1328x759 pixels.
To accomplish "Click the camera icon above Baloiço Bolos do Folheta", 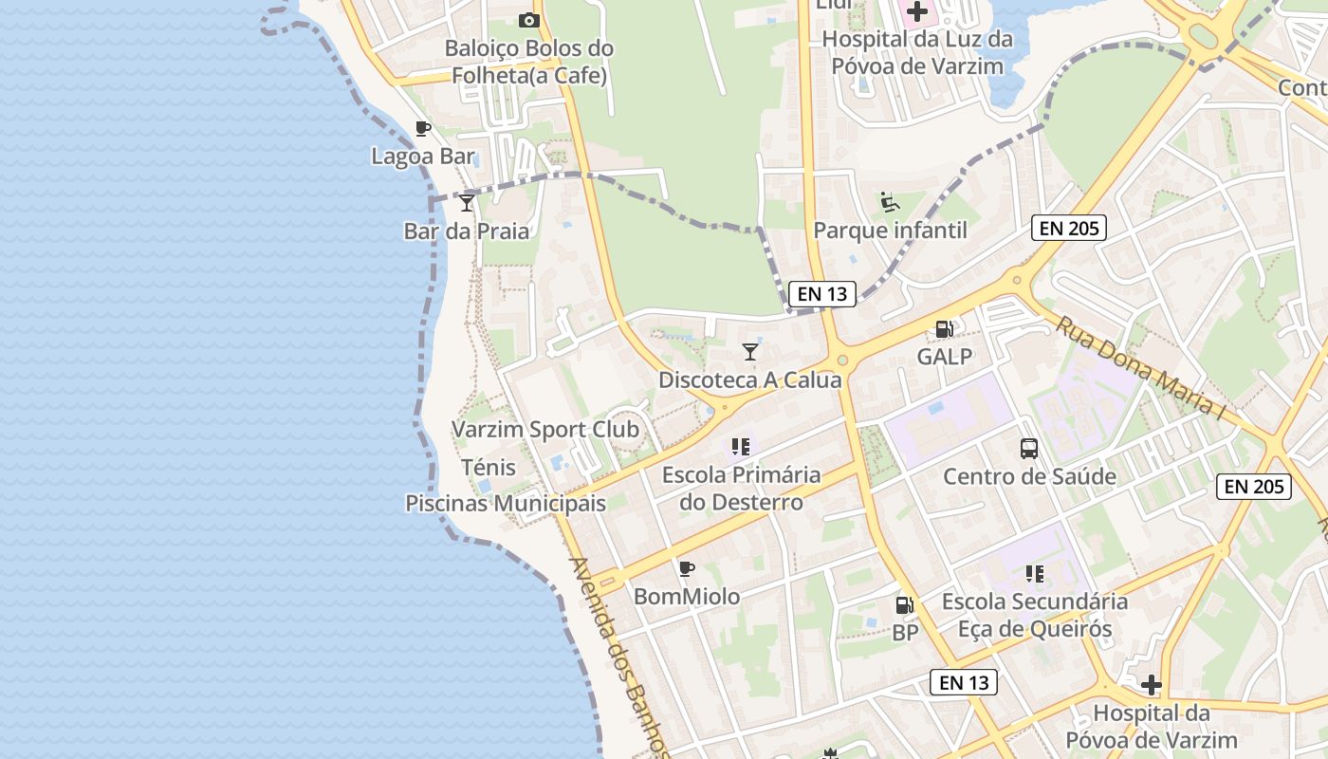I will [x=528, y=20].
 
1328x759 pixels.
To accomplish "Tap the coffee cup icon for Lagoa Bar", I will [x=423, y=129].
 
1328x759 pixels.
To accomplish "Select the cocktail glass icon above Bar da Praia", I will [x=466, y=202].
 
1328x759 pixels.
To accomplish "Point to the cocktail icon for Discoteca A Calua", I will [x=750, y=352].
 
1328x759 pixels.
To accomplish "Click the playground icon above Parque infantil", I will [x=890, y=202].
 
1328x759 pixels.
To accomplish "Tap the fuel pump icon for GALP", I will [x=944, y=329].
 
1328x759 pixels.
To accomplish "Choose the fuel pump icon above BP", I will [x=905, y=604].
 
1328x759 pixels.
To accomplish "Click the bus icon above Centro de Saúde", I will [x=1029, y=449].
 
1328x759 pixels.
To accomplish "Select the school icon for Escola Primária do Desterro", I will [x=741, y=446].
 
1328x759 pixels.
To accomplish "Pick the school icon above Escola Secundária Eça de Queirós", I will [x=1034, y=573].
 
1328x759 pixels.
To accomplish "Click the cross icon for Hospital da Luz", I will [x=917, y=12].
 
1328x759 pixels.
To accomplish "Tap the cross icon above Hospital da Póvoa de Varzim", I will [x=1151, y=685].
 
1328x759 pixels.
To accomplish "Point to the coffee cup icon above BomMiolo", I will [x=687, y=569].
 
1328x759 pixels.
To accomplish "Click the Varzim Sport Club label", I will [x=545, y=430].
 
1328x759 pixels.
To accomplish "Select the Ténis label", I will [x=489, y=467].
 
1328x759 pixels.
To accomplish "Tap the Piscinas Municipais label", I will [x=506, y=503].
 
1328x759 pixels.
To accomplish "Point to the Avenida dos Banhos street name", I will [x=618, y=655].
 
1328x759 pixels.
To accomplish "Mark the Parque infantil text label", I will [x=891, y=231].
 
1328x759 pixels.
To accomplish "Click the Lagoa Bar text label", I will [x=423, y=157].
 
